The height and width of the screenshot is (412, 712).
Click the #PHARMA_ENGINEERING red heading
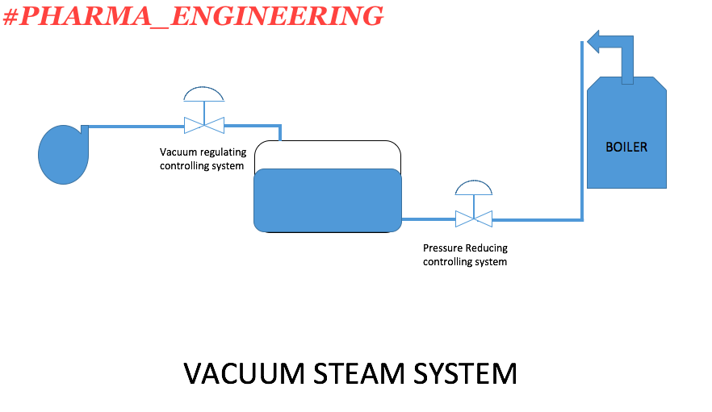(x=194, y=15)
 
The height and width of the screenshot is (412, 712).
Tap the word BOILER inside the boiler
(x=626, y=148)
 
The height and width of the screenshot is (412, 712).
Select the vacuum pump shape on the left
(x=63, y=153)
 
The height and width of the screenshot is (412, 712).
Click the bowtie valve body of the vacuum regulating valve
(x=204, y=125)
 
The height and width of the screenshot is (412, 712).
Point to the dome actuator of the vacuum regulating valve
(x=204, y=94)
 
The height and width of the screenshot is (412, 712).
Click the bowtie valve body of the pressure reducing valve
(x=474, y=218)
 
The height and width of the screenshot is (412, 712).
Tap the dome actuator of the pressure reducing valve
(x=474, y=188)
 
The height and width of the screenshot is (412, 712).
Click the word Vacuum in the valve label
(x=177, y=152)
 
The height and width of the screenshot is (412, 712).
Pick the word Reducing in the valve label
(x=488, y=248)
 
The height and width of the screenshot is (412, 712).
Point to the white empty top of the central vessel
(x=328, y=155)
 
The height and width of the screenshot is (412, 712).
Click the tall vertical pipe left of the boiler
(x=581, y=129)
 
